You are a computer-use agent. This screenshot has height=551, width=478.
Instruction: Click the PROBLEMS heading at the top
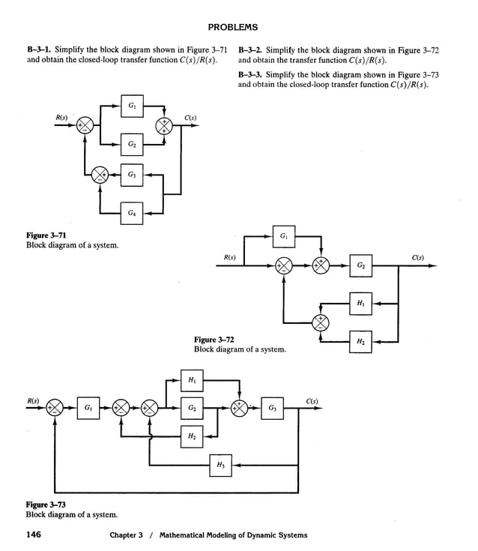232,28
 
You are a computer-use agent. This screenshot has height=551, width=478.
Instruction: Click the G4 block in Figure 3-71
132,214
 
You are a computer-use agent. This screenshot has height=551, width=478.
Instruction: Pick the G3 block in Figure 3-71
132,175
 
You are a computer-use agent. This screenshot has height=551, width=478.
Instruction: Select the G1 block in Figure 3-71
132,106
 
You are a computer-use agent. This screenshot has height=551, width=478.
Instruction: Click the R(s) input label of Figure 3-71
62,117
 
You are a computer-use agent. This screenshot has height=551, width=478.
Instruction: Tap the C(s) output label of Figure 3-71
190,117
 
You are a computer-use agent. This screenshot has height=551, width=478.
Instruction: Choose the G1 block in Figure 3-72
285,236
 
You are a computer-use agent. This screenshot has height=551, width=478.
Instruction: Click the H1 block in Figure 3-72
361,304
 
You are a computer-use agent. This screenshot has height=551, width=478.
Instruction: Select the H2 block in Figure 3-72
361,341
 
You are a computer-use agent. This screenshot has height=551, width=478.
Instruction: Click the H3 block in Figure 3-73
220,466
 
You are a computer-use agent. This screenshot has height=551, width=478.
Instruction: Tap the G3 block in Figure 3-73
273,409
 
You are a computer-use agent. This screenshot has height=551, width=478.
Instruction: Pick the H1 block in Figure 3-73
193,381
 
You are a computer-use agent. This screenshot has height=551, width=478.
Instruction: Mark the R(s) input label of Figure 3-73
33,400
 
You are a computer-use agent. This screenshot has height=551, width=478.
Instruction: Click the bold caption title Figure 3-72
214,340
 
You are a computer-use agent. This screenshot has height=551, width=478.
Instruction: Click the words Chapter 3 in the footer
126,535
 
